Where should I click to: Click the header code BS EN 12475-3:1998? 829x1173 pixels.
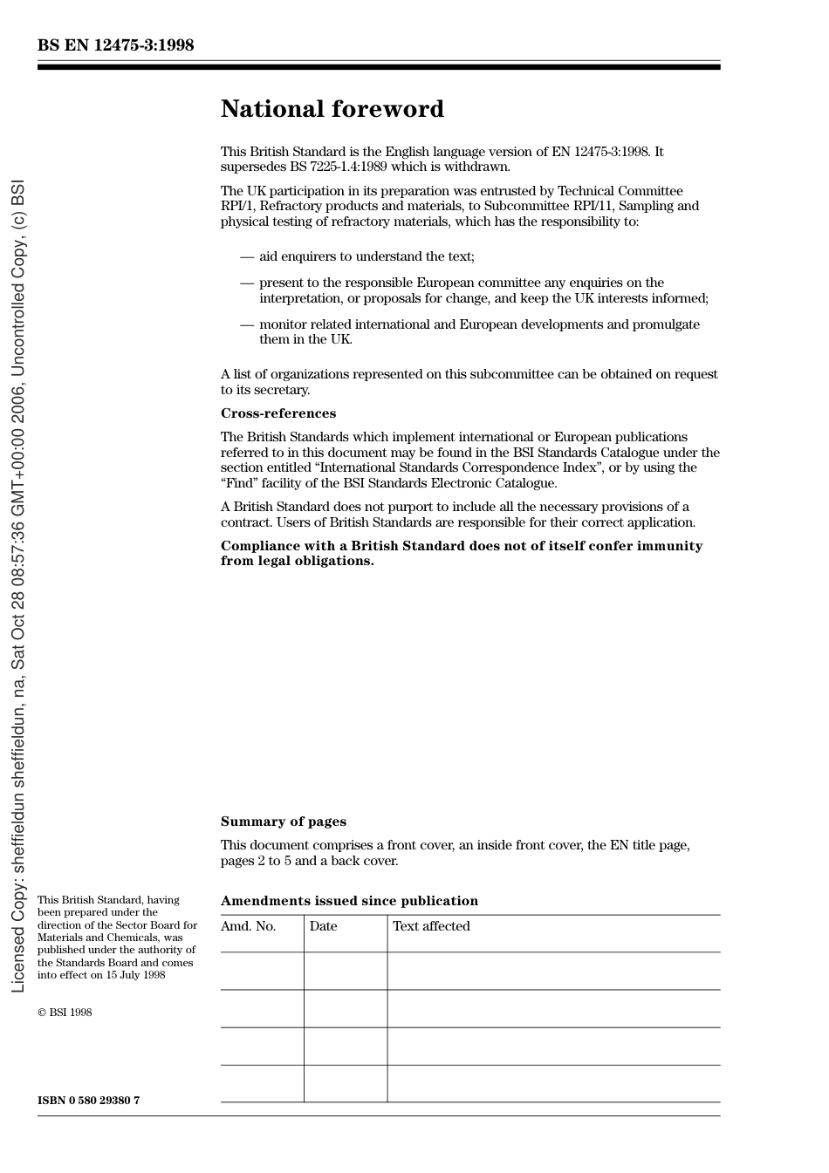coord(115,45)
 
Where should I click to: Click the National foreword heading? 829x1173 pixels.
coord(332,109)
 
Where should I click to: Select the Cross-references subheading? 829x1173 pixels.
coord(277,413)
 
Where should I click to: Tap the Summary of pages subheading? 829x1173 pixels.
coord(283,822)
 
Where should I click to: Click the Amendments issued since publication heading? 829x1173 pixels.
coord(349,901)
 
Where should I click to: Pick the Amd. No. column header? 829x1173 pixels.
coord(248,926)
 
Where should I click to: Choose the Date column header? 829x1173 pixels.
coord(323,926)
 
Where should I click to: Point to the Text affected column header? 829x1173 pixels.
coord(431,926)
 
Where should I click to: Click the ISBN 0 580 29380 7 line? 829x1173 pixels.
coord(88,1101)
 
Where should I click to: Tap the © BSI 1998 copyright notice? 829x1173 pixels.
coord(65,1013)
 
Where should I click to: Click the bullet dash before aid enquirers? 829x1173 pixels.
coord(247,256)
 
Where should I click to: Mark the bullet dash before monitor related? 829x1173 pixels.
coord(247,324)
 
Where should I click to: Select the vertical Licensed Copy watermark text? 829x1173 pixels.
coord(18,586)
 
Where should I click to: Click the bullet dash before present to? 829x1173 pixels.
coord(247,283)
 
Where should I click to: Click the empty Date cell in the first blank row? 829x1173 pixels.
coord(346,971)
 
